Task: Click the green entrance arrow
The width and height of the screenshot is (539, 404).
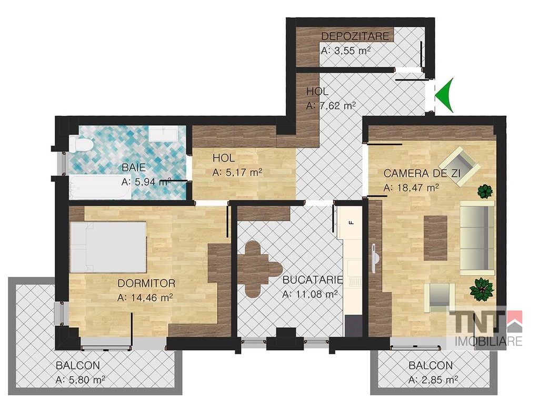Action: pos(445,95)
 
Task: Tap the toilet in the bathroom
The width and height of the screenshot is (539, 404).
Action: pos(80,144)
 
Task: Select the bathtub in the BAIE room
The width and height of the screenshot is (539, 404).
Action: pos(99,187)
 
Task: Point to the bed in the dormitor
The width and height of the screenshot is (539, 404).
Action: pos(108,247)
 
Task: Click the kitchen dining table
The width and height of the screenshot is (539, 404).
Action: pos(257,269)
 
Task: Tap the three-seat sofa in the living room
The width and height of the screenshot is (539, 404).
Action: pos(477,238)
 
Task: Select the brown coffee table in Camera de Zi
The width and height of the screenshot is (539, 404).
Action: pos(435,238)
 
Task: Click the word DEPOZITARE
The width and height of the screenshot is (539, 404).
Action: pos(355,36)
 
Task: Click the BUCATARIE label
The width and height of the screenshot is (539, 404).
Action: pos(313,280)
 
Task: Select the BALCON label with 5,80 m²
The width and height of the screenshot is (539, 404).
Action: pos(78,365)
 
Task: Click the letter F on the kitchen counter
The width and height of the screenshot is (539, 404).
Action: pos(351,223)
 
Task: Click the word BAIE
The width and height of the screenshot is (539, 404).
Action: pos(134,168)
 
